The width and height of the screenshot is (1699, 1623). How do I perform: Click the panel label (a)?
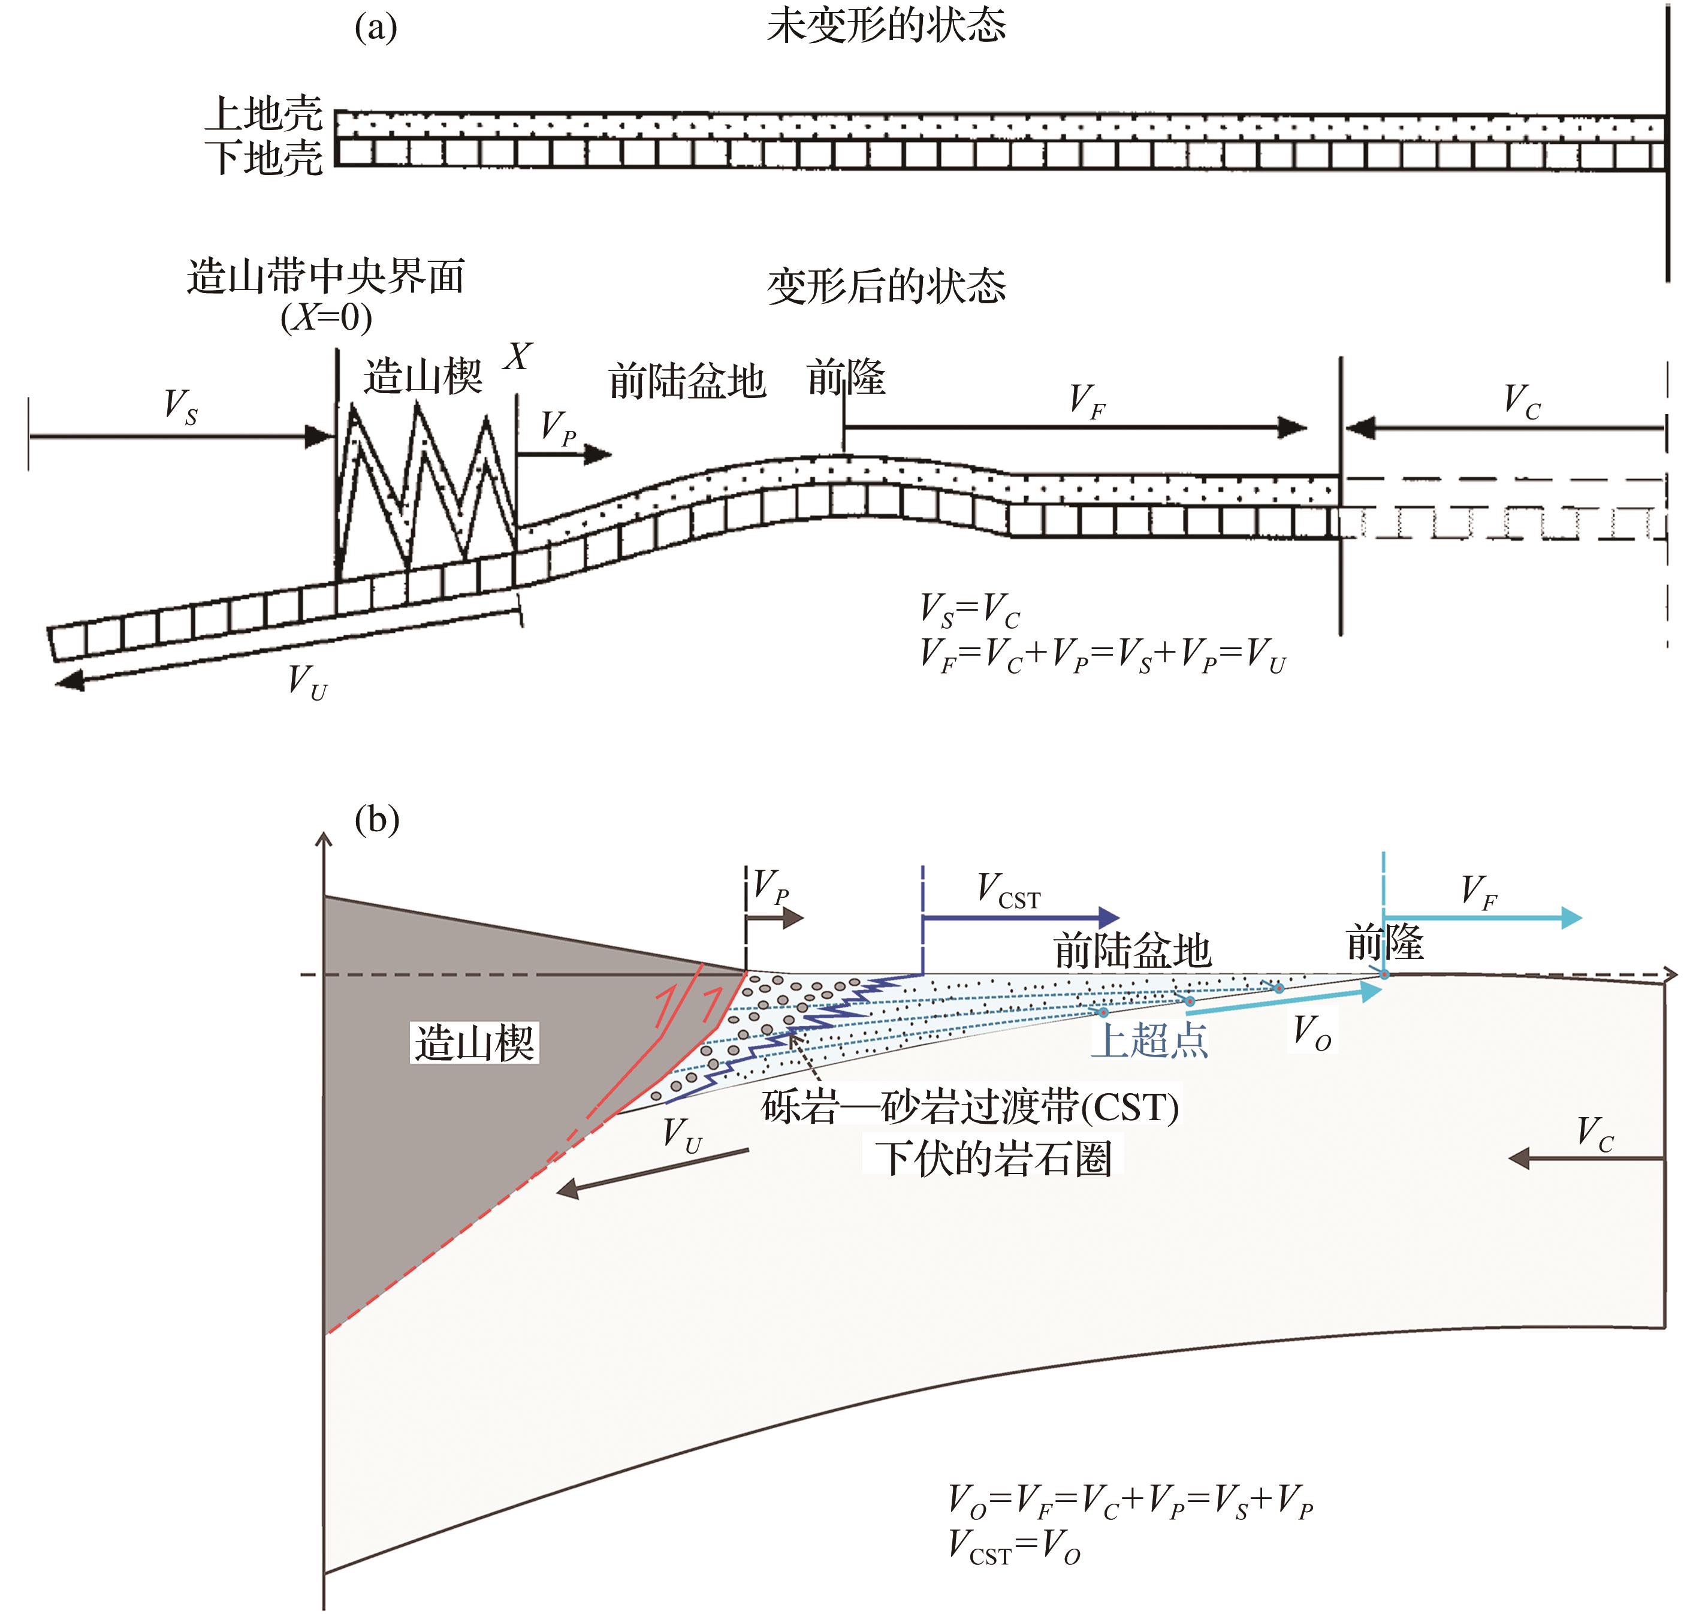coord(375,27)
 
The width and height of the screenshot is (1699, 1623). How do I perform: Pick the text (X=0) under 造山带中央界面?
coord(326,318)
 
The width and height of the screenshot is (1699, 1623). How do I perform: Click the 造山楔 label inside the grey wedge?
coord(474,1042)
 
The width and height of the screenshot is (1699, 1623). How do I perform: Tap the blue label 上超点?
coord(1149,1039)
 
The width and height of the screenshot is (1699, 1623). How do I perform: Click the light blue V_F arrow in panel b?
coord(1483,918)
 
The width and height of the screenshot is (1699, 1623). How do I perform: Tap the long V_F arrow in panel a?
coord(1075,427)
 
